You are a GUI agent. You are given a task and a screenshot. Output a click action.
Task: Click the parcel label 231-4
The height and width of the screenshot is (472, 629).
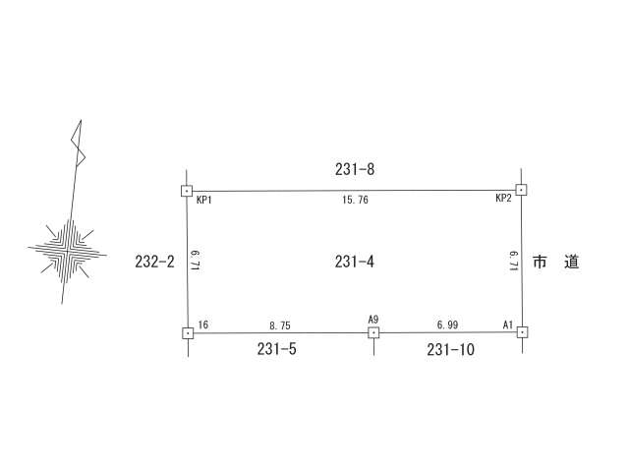[355, 262]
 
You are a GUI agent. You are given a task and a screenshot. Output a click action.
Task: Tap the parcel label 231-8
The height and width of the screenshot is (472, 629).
[355, 169]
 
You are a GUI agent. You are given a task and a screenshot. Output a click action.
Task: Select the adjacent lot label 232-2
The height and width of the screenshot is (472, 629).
[155, 262]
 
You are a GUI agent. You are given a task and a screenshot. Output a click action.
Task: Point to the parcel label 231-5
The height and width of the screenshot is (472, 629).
[277, 349]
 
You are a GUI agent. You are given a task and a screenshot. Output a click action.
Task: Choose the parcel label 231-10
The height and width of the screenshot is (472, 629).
[450, 350]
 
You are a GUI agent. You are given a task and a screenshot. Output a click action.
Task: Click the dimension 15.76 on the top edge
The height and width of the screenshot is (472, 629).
[355, 200]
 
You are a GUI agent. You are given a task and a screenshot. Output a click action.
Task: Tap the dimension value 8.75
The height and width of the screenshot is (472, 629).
[280, 325]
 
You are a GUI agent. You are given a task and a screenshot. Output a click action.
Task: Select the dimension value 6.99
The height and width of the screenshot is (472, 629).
[448, 324]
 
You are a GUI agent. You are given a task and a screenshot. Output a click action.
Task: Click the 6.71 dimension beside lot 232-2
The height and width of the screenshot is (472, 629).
[196, 261]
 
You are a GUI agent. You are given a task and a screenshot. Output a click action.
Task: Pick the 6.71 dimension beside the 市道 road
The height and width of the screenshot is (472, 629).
[514, 262]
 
